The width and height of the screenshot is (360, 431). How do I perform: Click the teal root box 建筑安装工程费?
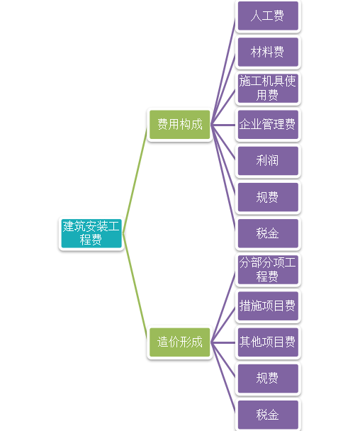91,233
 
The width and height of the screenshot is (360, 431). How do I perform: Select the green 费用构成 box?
179,125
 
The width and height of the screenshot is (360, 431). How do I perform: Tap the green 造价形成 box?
179,342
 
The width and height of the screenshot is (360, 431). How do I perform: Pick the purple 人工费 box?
267,16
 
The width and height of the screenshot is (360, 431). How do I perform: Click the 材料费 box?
267,52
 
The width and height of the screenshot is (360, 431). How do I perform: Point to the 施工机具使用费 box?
267,88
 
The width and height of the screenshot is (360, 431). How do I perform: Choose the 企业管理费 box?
267,125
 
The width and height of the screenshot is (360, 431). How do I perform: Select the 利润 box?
267,161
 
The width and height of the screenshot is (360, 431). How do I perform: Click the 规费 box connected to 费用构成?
267,197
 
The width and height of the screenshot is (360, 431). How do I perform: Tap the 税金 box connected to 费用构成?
267,233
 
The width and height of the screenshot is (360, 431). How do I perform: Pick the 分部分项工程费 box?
267,269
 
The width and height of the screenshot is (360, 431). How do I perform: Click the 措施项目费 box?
267,306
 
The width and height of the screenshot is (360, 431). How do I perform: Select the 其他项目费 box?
267,342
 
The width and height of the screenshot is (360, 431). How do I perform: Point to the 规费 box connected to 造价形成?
267,378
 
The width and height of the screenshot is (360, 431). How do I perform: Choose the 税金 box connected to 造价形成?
267,414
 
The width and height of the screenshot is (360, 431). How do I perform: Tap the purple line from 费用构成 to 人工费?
223,67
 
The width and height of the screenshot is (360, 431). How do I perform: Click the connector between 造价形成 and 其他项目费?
223,342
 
